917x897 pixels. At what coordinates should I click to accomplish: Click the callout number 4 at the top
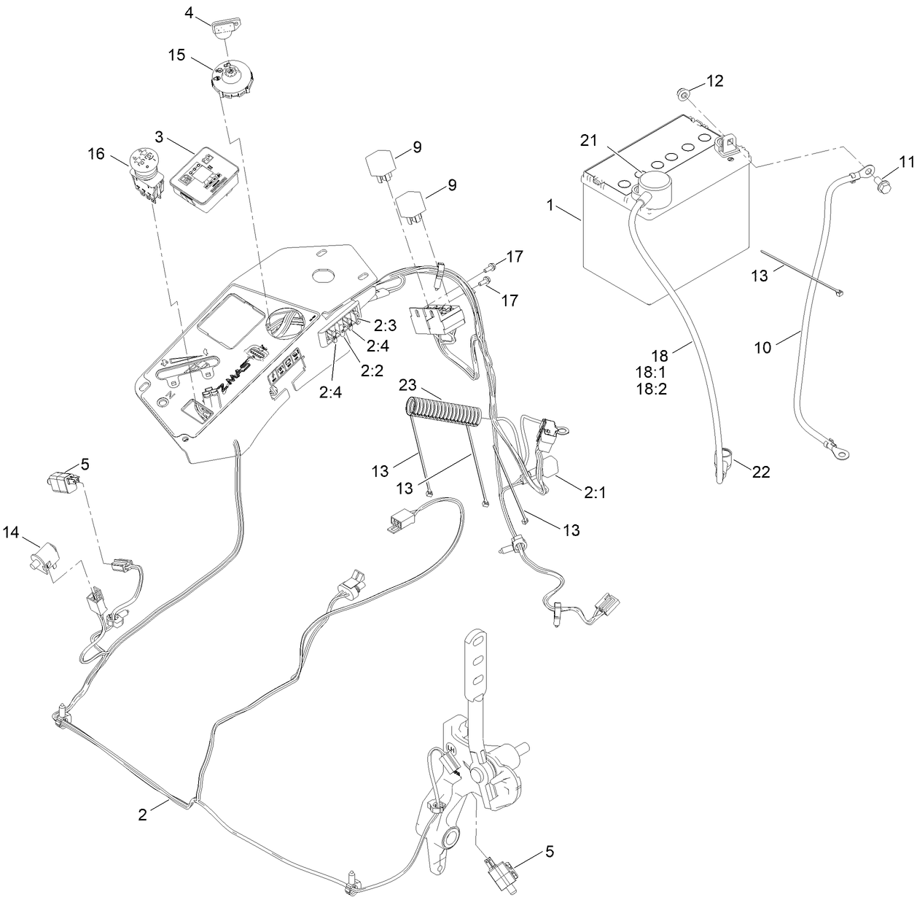pos(188,12)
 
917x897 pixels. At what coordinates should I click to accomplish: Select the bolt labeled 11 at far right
pos(881,188)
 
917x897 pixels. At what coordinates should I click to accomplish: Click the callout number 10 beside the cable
pos(762,348)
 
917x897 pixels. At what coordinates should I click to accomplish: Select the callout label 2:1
pos(595,492)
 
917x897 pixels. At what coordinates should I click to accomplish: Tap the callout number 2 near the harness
pos(143,815)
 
